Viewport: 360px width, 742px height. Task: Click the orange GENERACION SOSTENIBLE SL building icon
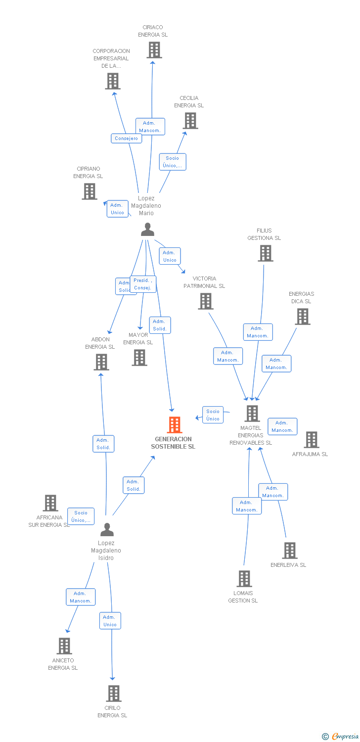(175, 425)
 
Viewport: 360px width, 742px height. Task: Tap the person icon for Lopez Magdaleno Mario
(147, 230)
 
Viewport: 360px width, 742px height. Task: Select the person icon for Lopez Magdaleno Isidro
(107, 529)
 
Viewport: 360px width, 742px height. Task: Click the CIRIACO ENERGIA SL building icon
(154, 50)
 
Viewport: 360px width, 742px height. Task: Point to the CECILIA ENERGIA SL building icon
(190, 121)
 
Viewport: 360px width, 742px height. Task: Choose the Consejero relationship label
(127, 139)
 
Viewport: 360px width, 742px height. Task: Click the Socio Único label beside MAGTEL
(213, 415)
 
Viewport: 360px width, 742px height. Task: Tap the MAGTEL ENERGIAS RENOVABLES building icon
(252, 414)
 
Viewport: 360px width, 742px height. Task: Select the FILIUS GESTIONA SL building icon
(266, 253)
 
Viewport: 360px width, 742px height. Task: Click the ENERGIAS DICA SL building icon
(302, 317)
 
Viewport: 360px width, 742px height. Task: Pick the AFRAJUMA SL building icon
(311, 440)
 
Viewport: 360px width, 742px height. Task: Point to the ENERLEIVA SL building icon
(290, 551)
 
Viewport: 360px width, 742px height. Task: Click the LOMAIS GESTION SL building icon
(244, 579)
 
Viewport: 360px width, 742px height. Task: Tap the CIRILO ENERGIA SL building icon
(114, 694)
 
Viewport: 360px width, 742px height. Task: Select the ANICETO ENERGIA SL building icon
(64, 646)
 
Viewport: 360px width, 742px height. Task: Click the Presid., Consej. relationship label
(143, 284)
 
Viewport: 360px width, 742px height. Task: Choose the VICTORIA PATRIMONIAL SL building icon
(206, 301)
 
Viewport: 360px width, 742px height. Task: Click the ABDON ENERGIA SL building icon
(101, 362)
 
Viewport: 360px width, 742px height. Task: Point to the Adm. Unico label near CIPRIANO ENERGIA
(118, 209)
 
